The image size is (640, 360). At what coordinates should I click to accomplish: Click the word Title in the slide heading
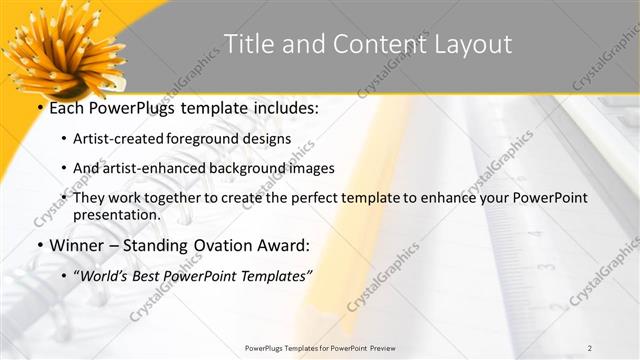245,44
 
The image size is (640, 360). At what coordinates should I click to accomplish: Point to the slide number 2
590,347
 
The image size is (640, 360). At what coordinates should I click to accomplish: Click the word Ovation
215,245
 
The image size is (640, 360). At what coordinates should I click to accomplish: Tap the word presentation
116,214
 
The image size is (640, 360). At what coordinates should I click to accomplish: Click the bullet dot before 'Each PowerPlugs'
39,110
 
